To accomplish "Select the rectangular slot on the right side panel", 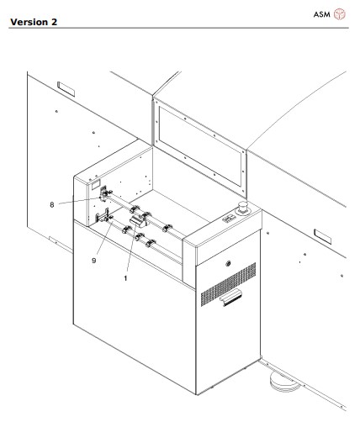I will point(324,230).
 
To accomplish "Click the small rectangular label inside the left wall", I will point(96,182).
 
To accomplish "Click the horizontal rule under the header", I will point(180,28).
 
